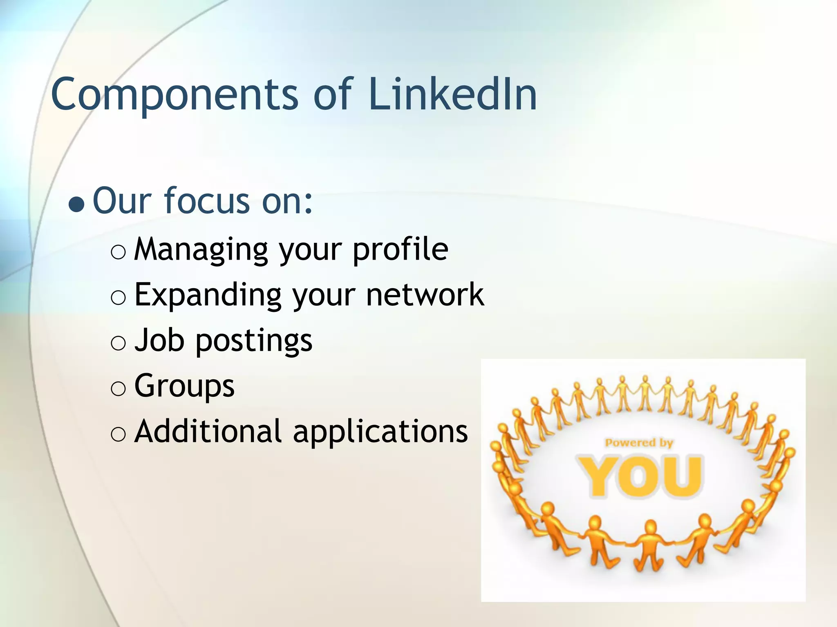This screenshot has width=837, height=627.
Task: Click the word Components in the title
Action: tap(175, 95)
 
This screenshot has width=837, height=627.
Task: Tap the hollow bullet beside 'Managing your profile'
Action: tap(118, 253)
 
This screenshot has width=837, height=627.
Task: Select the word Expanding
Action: tap(208, 295)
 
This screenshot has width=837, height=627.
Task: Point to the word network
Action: tap(425, 294)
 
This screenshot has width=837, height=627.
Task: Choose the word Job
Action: tap(159, 340)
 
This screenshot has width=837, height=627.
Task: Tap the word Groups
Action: tap(184, 386)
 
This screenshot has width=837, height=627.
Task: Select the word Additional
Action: tap(208, 431)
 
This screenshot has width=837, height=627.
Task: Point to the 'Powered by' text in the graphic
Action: tap(639, 443)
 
